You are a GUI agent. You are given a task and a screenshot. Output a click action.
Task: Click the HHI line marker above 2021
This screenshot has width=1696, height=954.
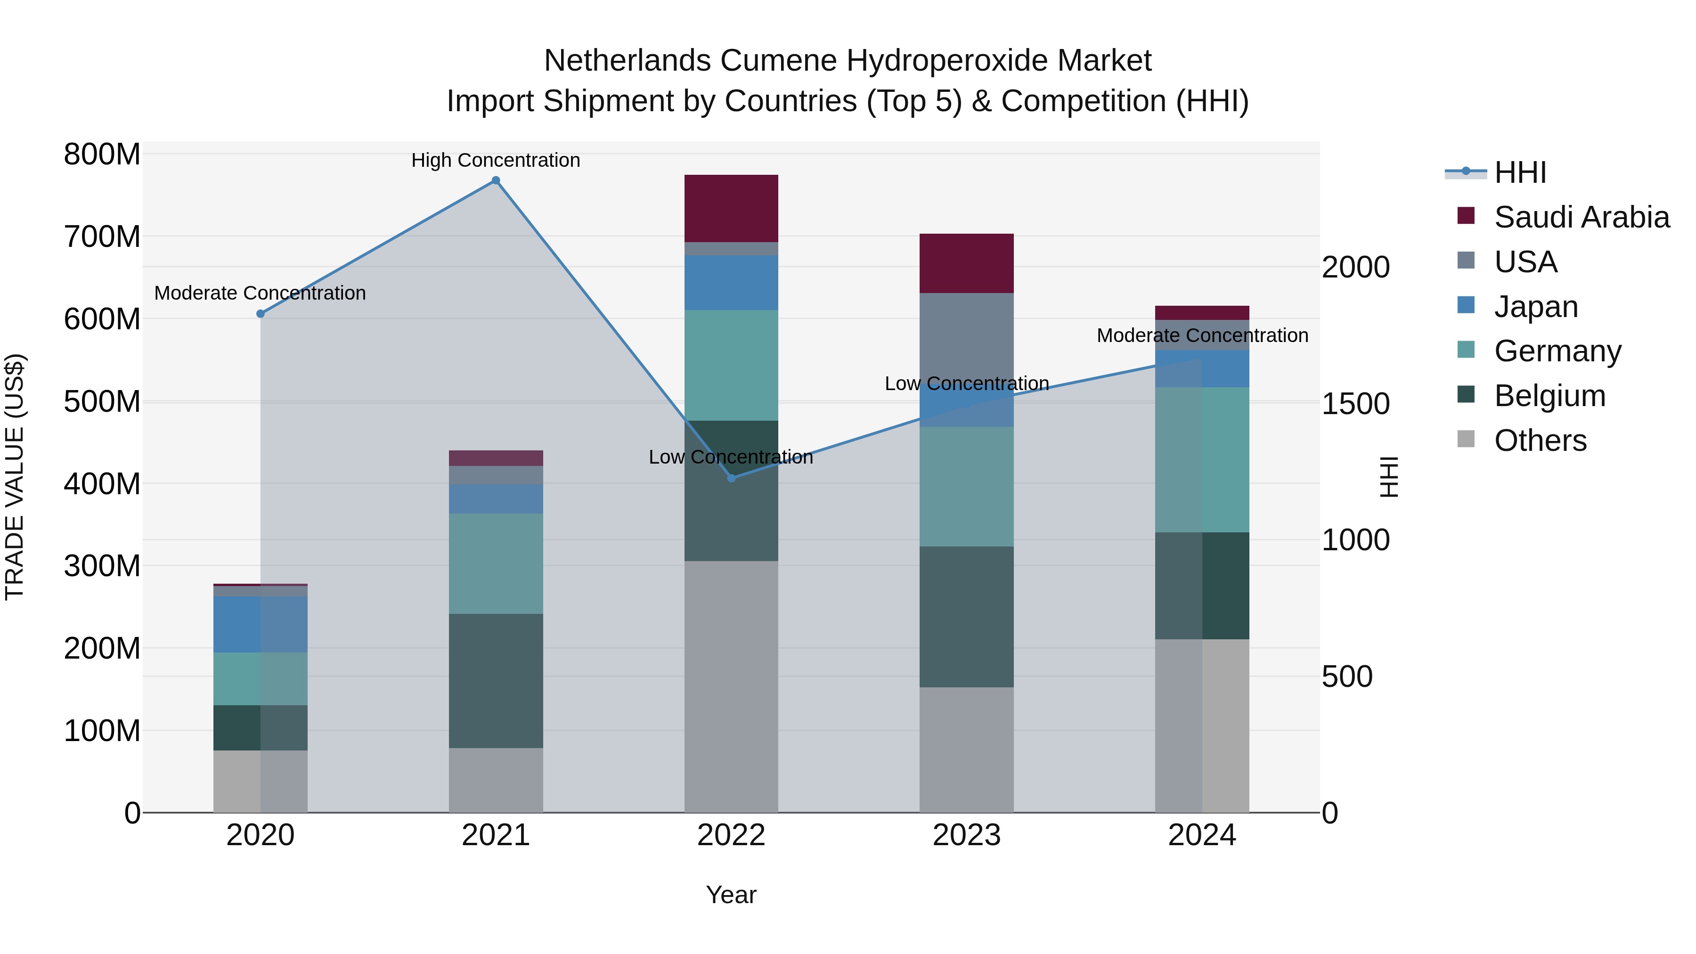[496, 180]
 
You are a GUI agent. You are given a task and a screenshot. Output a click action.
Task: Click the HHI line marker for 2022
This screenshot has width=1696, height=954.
[731, 478]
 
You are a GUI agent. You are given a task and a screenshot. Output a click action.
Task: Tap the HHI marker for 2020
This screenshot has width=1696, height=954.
[260, 314]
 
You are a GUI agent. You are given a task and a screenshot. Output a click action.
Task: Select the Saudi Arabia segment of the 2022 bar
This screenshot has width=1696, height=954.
[731, 208]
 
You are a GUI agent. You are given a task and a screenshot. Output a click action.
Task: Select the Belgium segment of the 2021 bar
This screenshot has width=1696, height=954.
[496, 680]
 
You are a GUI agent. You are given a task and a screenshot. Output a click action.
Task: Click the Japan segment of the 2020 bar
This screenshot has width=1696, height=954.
[260, 624]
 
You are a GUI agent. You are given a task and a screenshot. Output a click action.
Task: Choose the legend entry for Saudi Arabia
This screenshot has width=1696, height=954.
[1581, 217]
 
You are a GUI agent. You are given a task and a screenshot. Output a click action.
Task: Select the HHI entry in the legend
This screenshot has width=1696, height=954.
[1519, 172]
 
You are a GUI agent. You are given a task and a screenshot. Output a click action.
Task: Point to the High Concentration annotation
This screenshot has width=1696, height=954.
[496, 160]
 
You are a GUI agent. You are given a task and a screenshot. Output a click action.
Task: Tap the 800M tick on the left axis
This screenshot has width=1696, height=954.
[102, 155]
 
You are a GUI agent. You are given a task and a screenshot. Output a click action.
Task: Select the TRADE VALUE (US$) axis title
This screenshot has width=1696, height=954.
[15, 477]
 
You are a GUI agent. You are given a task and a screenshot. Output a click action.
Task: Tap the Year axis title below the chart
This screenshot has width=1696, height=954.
[731, 895]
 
